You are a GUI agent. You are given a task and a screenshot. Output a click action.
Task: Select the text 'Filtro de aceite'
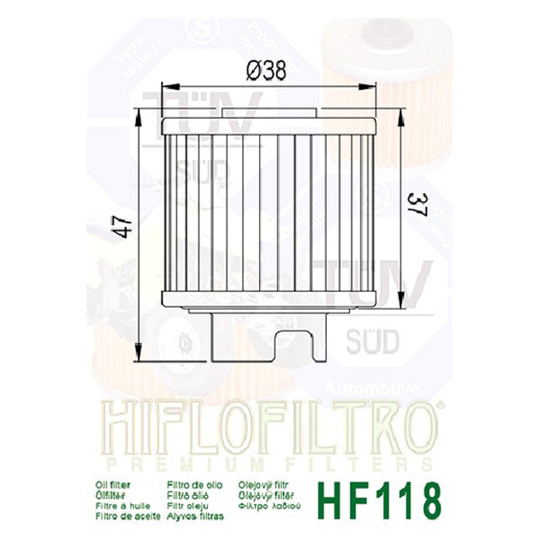pyautogui.click(x=128, y=516)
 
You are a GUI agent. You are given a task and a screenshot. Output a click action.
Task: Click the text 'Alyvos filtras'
pyautogui.click(x=195, y=516)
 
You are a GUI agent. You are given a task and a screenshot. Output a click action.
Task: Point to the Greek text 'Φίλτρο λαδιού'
pyautogui.click(x=269, y=506)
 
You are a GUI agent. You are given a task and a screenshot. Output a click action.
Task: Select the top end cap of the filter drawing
pyautogui.click(x=269, y=126)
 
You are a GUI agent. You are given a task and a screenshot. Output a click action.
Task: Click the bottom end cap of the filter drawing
pyautogui.click(x=269, y=299)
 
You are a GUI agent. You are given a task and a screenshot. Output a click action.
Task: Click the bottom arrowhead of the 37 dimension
pyautogui.click(x=401, y=302)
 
